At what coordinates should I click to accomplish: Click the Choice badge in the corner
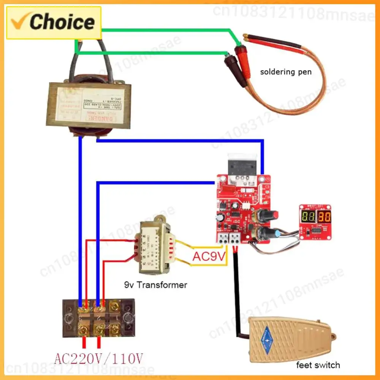point(54,22)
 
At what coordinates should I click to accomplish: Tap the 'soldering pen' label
point(285,71)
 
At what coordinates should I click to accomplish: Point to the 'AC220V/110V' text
point(99,358)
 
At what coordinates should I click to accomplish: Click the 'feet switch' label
point(318,365)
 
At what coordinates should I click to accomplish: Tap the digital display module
point(315,222)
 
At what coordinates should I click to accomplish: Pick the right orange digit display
point(324,217)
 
